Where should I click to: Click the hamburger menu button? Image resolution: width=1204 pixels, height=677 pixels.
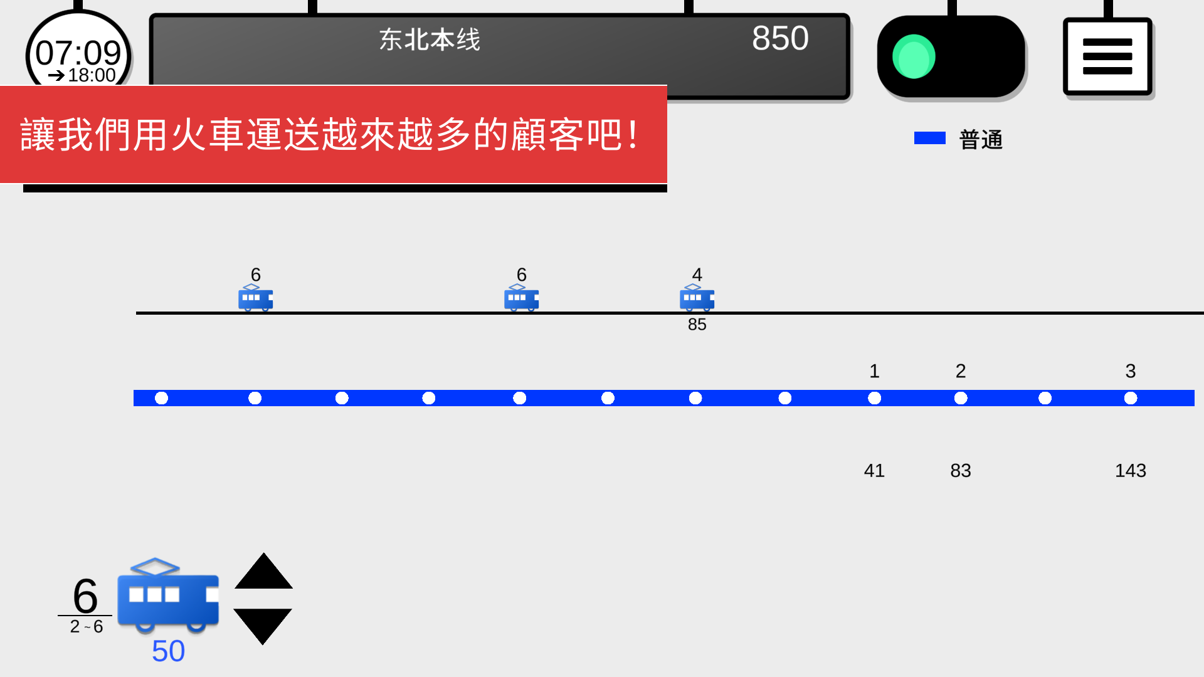1107,56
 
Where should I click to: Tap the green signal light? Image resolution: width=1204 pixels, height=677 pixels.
914,56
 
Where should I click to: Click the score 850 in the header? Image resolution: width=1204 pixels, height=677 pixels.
780,38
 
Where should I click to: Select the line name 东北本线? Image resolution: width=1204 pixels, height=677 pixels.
430,40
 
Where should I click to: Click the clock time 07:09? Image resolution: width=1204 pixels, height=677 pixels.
78,52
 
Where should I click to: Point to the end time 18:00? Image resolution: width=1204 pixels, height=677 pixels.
91,75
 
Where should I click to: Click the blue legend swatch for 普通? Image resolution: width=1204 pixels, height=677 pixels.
929,138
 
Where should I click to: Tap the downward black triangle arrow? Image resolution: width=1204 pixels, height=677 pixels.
263,624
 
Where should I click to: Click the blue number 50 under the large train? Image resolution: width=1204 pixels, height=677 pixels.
168,651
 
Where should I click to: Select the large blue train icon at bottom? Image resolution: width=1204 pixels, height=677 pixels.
168,596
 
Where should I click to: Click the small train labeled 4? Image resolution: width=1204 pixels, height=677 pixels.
697,298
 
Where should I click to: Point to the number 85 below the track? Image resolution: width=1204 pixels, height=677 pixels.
697,325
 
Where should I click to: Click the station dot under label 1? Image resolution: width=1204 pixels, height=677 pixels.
874,398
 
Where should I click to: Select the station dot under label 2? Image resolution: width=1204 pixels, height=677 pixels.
961,398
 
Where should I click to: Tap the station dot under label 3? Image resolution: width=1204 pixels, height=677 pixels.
1131,398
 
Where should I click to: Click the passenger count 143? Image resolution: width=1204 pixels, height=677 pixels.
1130,471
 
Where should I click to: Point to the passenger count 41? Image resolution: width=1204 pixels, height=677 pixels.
874,471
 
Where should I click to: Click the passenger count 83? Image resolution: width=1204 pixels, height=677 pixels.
960,471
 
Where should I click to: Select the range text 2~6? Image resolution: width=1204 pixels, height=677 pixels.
87,627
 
